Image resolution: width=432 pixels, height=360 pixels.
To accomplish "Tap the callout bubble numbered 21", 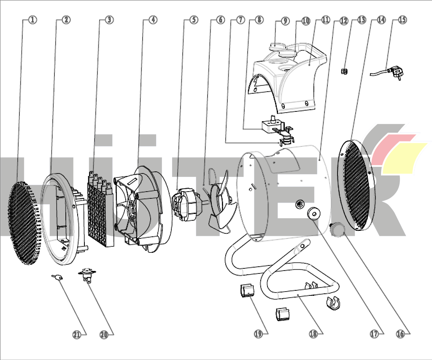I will [76, 334].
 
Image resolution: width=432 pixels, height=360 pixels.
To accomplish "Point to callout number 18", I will [313, 333].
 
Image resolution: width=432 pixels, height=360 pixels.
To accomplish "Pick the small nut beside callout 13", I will [344, 71].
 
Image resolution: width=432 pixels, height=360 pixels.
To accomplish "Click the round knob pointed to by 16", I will [336, 229].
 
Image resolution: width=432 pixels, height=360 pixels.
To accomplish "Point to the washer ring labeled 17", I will [313, 214].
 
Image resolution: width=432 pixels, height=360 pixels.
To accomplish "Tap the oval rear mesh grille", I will [356, 186].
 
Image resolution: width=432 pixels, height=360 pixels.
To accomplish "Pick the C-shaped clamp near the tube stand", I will [333, 303].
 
